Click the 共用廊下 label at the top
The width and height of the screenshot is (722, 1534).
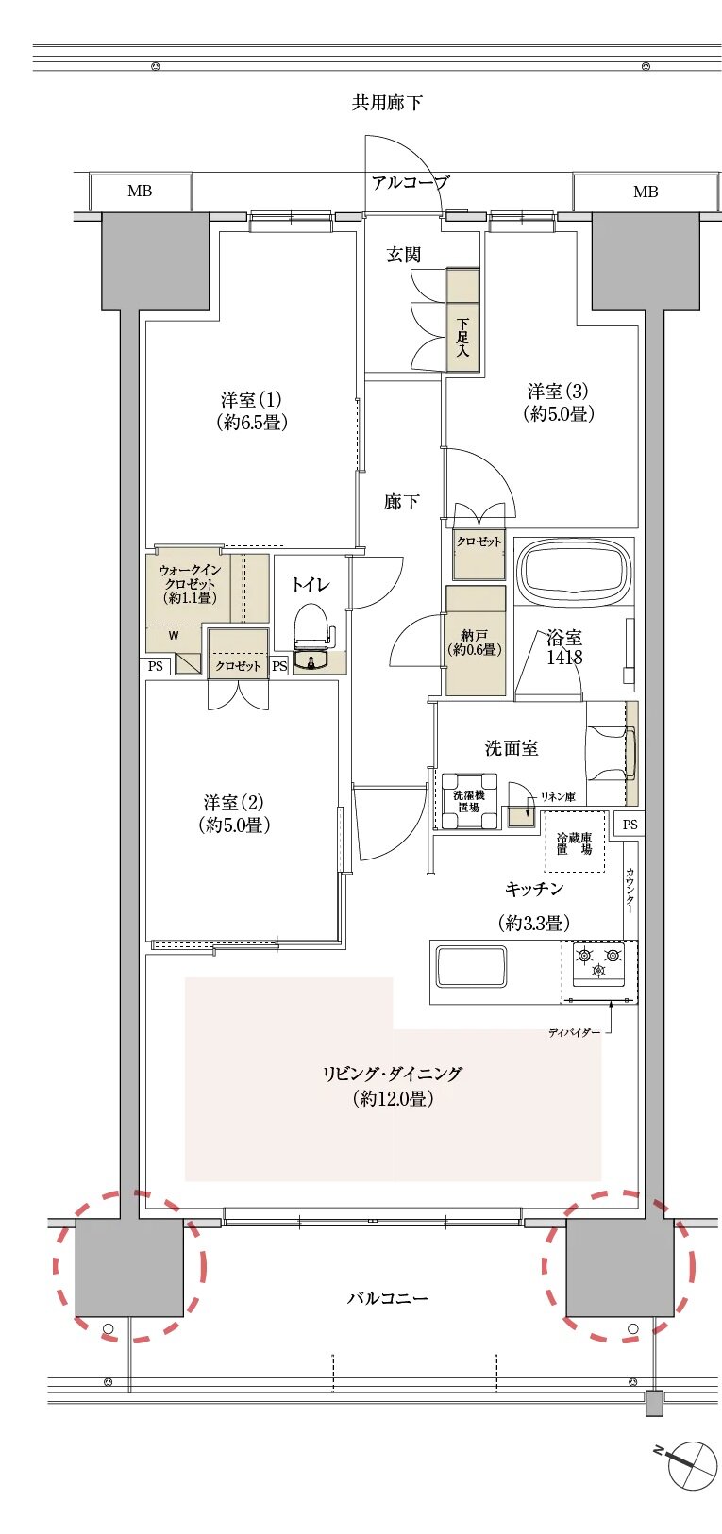(x=387, y=103)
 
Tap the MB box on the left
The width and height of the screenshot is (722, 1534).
(x=140, y=192)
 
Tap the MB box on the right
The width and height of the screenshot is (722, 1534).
(x=646, y=192)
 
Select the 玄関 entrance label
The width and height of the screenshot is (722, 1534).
(x=403, y=255)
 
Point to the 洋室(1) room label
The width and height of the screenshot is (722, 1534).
(x=251, y=410)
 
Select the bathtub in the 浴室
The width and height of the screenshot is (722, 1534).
(x=575, y=571)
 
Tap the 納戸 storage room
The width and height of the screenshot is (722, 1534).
(x=475, y=642)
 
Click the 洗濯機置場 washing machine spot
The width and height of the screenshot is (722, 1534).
(x=469, y=801)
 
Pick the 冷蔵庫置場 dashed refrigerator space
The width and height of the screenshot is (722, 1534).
(x=574, y=843)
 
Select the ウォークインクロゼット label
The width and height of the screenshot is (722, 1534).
(x=190, y=584)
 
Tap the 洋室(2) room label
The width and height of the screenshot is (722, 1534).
(x=234, y=814)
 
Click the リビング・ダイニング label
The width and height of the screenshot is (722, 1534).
(x=393, y=1085)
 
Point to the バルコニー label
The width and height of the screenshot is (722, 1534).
(x=387, y=1298)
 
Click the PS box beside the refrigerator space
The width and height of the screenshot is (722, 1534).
(x=630, y=824)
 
